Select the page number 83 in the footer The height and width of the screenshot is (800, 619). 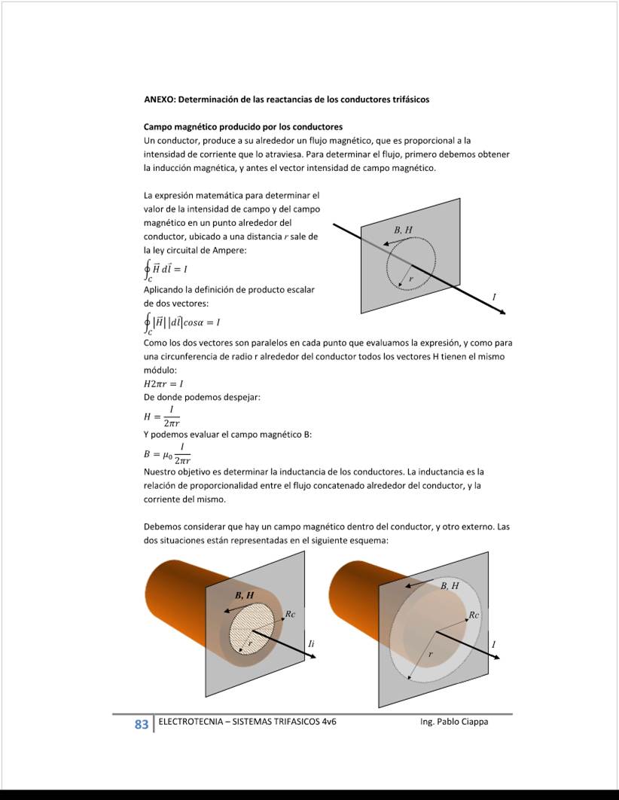[142, 725]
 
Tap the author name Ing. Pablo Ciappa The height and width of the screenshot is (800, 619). [454, 722]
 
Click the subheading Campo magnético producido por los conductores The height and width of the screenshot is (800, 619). [242, 127]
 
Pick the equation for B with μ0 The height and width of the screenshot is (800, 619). [166, 453]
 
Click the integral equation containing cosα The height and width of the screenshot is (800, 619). [181, 322]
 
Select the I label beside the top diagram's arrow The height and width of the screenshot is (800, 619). [494, 298]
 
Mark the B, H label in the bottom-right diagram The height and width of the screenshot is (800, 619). [450, 585]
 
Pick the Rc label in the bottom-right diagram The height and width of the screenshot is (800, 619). [474, 615]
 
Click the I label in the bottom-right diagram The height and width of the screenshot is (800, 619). [494, 645]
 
